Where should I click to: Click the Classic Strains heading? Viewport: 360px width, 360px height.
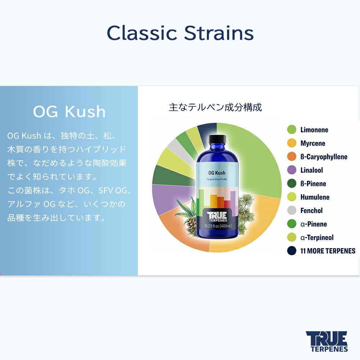(180, 33)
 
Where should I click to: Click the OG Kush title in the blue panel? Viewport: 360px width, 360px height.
(69, 112)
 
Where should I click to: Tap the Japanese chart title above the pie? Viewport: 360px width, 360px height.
(215, 107)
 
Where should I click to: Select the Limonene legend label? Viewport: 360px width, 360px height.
(314, 130)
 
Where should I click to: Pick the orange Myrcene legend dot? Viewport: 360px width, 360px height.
(292, 143)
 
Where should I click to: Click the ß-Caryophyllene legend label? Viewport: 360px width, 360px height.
(324, 157)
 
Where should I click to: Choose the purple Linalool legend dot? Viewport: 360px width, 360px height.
(292, 170)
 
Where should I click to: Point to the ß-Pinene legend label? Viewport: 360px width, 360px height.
(313, 184)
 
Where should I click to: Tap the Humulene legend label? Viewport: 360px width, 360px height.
(315, 197)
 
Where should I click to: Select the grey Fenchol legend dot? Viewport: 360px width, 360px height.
(292, 211)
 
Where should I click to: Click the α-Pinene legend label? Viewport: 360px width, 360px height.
(314, 224)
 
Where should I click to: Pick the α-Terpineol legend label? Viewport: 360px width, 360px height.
(317, 238)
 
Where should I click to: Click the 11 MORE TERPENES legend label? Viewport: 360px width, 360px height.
(328, 251)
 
